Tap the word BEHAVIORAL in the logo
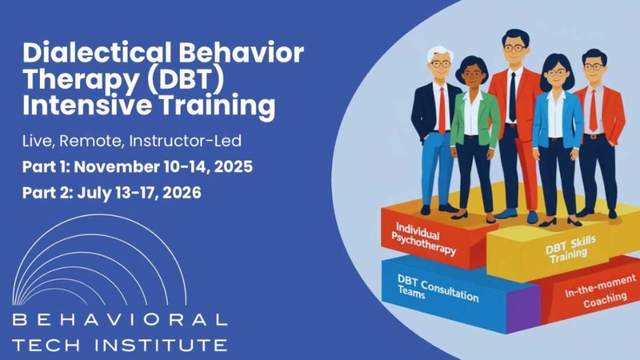pos(119,319)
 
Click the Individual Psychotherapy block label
pos(423,239)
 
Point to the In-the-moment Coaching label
pos(601,291)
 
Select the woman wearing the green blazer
pos(474,139)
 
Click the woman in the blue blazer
pos(557,139)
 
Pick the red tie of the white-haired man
pos(442,110)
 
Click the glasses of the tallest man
pos(515,48)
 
